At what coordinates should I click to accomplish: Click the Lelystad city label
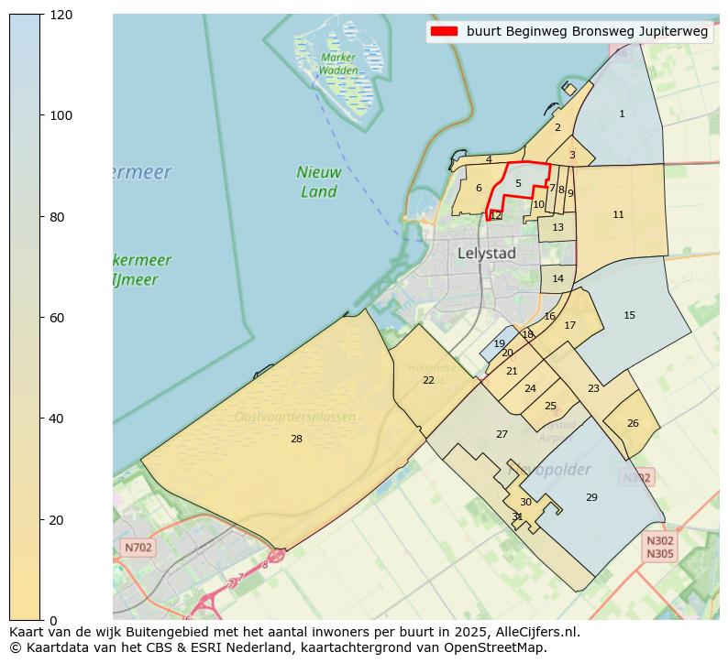(x=486, y=253)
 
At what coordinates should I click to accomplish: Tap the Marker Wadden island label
(x=338, y=63)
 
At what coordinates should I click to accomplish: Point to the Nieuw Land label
(x=319, y=181)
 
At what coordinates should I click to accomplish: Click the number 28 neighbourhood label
(x=296, y=440)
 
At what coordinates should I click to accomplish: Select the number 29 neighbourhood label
(x=591, y=497)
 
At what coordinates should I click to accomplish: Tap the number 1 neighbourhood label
(x=622, y=114)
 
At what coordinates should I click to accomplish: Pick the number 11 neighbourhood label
(x=618, y=214)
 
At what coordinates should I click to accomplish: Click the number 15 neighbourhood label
(x=629, y=315)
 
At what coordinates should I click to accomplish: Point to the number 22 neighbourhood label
(x=428, y=380)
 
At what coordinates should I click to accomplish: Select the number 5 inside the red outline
(x=518, y=183)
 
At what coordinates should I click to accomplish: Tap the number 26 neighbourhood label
(x=633, y=423)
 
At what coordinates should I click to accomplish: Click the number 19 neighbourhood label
(x=499, y=344)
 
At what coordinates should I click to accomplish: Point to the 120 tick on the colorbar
(x=61, y=15)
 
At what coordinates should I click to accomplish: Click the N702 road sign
(x=138, y=548)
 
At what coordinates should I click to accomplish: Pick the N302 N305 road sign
(x=659, y=547)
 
